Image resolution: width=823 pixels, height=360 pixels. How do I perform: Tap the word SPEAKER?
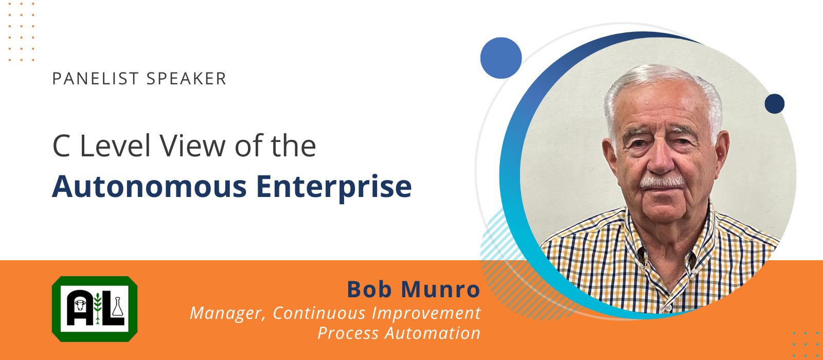coord(186,79)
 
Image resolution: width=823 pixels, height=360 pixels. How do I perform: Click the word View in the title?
coord(192,146)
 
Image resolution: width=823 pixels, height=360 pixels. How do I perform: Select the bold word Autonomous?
coord(150,187)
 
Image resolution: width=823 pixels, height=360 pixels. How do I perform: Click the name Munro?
coord(440,290)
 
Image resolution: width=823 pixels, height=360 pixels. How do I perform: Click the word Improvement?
coord(426,313)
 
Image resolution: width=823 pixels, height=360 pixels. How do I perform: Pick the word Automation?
coord(433,333)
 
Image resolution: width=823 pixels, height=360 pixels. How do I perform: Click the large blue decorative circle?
coord(501,58)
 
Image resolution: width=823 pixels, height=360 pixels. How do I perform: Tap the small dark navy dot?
coord(775,103)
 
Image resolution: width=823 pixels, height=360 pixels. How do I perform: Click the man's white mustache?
coord(662,182)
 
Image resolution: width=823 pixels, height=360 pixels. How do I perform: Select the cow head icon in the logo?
coord(80,304)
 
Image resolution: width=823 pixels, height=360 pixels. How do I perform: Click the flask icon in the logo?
coord(118,307)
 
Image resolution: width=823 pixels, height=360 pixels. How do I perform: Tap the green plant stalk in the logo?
coord(97,308)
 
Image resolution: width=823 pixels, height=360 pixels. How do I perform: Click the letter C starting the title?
coord(61,146)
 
